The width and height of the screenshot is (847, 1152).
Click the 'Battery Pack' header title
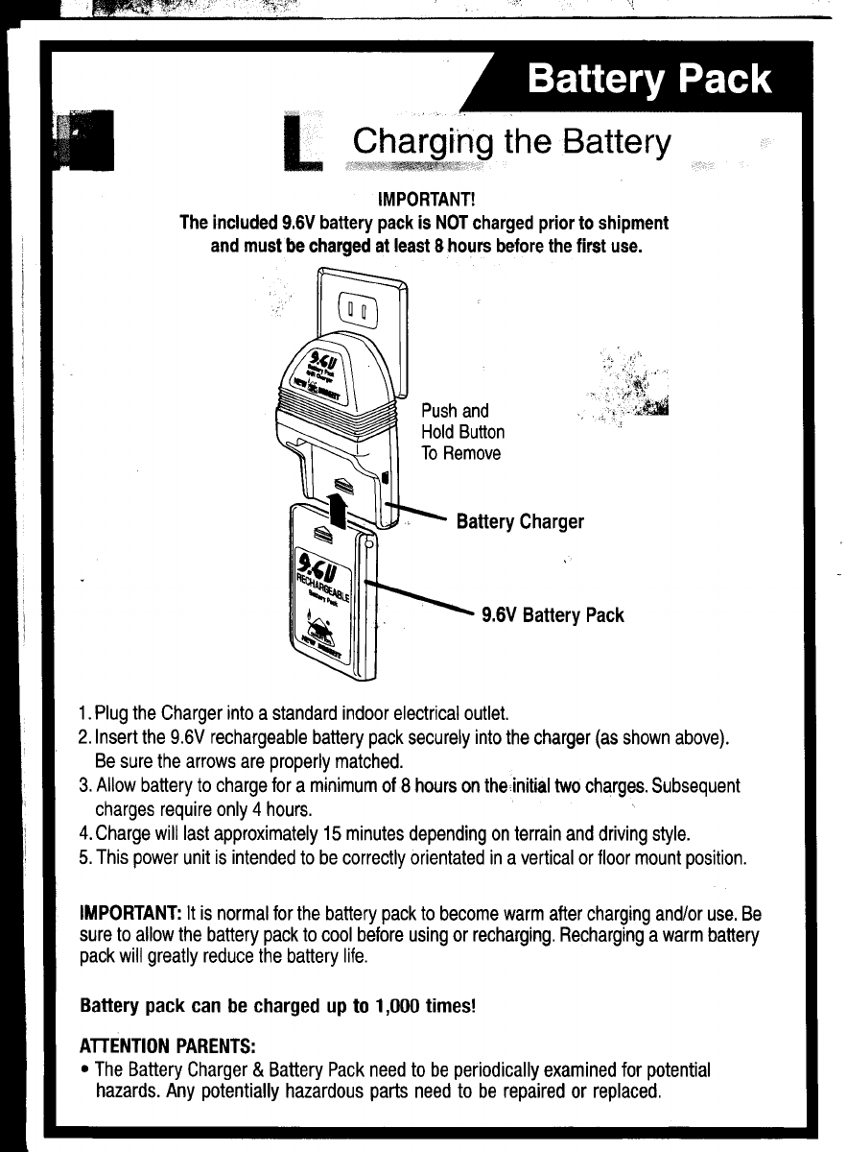coord(650,79)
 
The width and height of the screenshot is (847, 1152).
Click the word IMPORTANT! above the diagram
coord(422,202)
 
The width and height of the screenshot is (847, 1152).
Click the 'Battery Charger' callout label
coord(520,522)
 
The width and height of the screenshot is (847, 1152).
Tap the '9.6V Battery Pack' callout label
coord(553,614)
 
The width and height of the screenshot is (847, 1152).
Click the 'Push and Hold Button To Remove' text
coord(462,432)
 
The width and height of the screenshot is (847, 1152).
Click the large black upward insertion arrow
coord(336,506)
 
